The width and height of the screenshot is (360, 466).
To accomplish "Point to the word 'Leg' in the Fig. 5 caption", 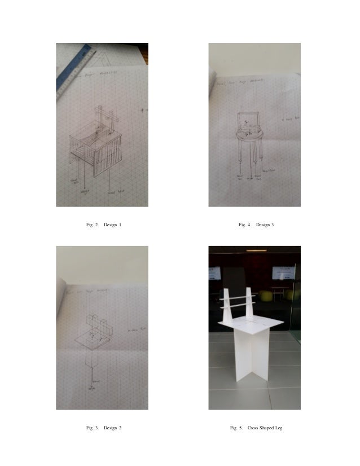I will (x=277, y=428).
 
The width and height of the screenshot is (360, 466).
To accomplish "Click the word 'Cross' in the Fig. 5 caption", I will (x=253, y=428).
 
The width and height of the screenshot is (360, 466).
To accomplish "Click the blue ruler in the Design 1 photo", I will (x=73, y=73).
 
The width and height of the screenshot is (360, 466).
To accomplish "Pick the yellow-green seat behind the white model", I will (x=288, y=295).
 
